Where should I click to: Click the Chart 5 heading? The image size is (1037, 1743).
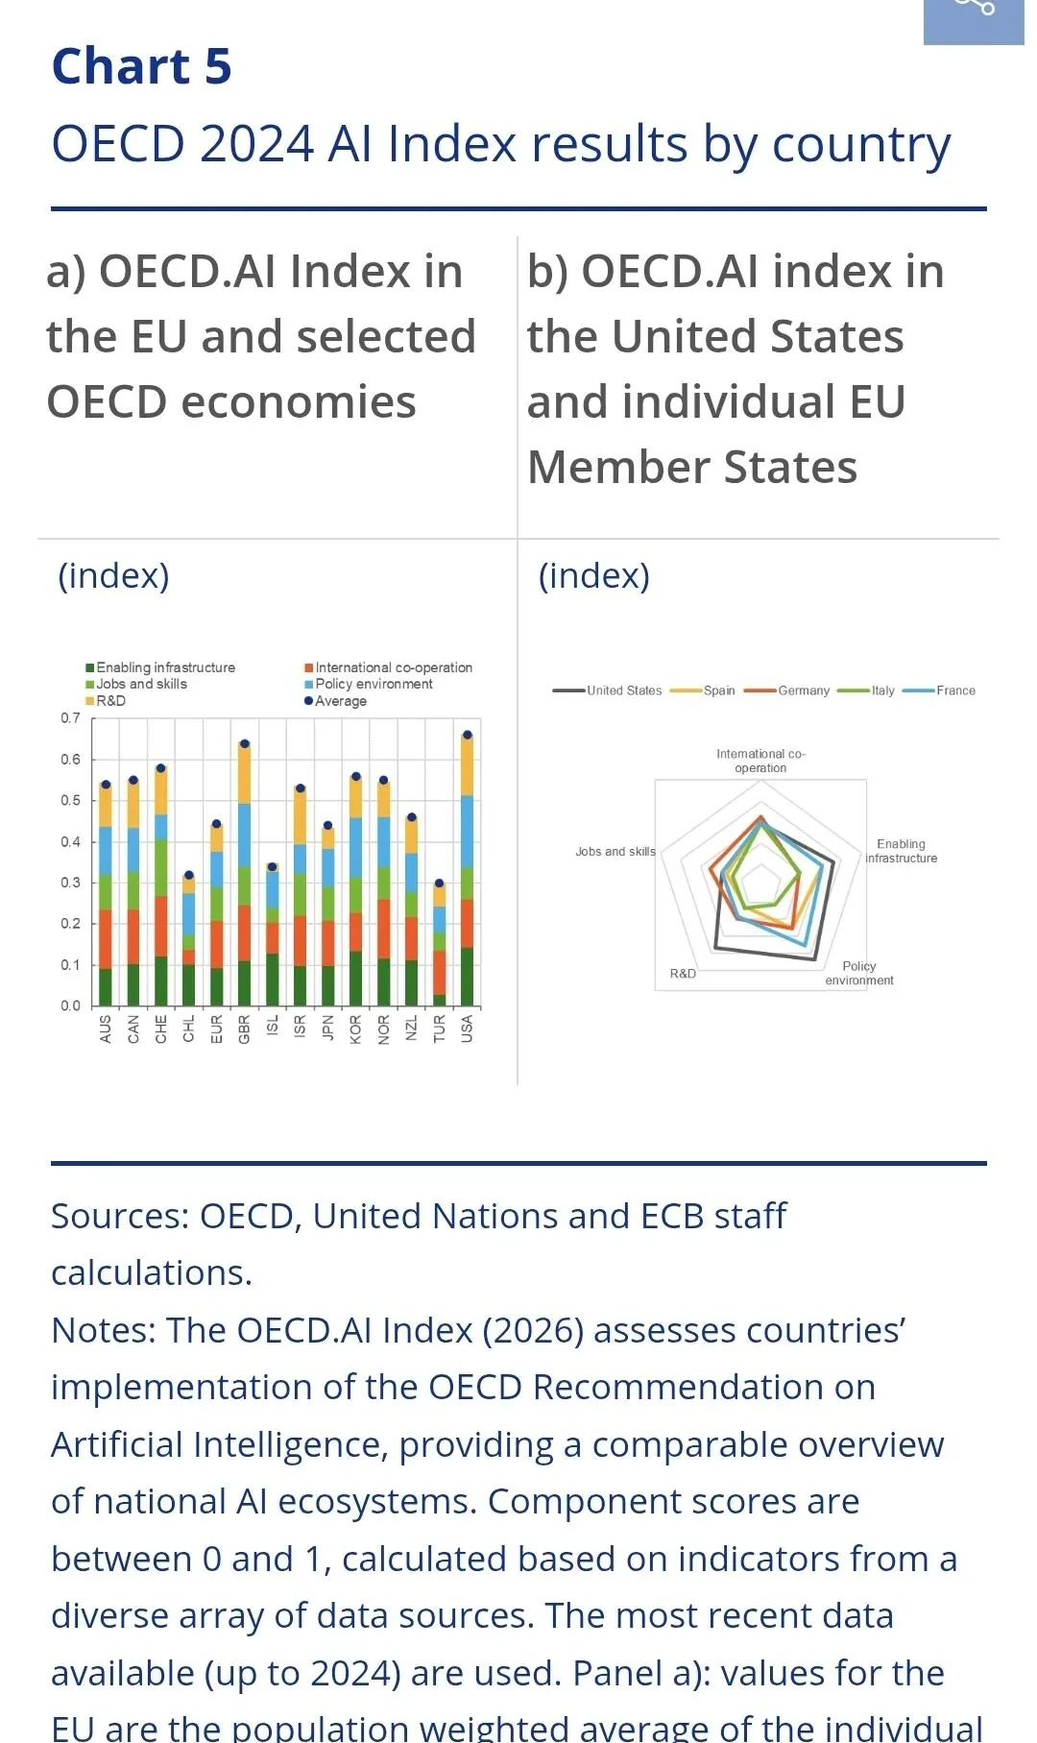click(142, 66)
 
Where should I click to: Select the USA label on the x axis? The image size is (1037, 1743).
click(468, 1029)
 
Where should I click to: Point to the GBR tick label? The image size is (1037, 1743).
click(244, 1029)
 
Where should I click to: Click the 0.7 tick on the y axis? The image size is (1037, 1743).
click(71, 718)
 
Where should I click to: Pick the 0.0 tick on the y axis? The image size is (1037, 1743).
click(71, 1005)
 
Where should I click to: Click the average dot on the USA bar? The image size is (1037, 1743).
click(468, 735)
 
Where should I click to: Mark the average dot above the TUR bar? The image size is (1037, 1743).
click(440, 884)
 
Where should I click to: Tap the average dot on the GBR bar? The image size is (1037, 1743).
click(244, 743)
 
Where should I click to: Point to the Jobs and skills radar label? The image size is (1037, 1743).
click(615, 852)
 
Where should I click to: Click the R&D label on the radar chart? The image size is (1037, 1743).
click(683, 974)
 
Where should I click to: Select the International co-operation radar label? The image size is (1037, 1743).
click(760, 761)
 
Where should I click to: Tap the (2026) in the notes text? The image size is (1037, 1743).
click(533, 1330)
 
